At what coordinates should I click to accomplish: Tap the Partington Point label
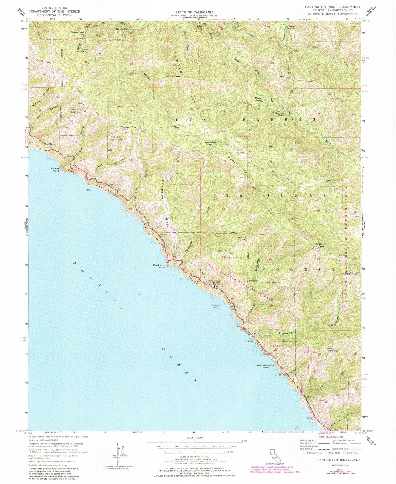tap(159, 266)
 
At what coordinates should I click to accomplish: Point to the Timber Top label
tap(128, 127)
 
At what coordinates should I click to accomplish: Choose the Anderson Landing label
tap(265, 366)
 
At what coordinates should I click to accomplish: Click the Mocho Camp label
tap(258, 99)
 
